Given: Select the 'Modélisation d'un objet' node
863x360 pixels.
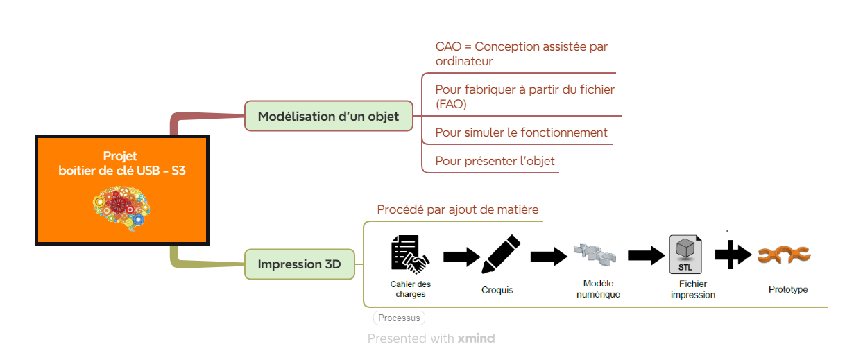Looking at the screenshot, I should [x=328, y=116].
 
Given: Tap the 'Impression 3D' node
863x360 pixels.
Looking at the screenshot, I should [x=300, y=264].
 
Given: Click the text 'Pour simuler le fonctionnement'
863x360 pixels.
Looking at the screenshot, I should [x=521, y=132].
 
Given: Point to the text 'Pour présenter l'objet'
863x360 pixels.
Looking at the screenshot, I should [x=495, y=161].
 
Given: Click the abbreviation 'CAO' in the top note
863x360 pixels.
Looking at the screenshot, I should [x=449, y=46].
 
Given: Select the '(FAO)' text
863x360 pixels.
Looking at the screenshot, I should [x=451, y=104].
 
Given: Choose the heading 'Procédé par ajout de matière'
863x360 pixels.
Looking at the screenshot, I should [x=457, y=209].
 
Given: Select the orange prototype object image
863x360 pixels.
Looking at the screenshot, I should [x=784, y=255].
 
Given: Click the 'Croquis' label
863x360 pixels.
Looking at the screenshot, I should [x=497, y=290].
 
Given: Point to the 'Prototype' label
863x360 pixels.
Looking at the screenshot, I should [x=788, y=289].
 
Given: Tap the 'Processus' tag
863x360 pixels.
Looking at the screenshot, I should [x=399, y=318].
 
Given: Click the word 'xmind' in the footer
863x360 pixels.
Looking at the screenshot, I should [x=476, y=338].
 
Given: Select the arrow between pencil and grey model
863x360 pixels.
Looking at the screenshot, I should [x=549, y=257].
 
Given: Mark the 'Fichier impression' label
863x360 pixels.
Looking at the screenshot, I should [x=692, y=289].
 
